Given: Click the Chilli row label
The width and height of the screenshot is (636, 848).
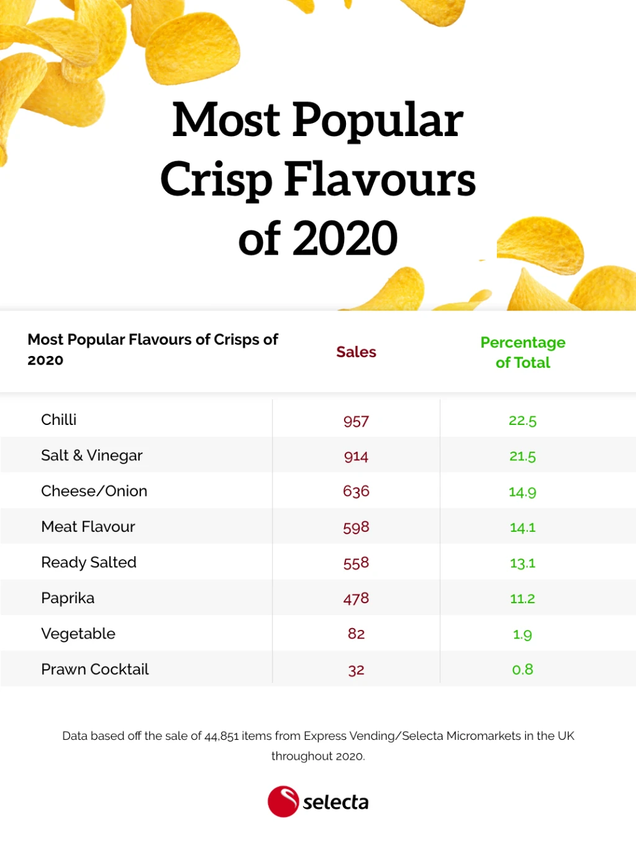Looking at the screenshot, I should coord(59,420).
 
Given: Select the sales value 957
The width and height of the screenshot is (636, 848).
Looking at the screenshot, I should coord(356,421).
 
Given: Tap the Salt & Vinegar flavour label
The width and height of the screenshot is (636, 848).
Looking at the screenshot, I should coord(92,456).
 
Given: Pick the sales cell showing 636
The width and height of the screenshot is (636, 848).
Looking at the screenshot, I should coord(356,491).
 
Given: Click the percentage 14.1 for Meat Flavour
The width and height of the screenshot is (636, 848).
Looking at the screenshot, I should coord(522,527).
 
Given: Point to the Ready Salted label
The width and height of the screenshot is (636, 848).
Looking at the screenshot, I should coord(89,563).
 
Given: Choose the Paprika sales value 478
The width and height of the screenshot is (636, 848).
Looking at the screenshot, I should coord(356,598).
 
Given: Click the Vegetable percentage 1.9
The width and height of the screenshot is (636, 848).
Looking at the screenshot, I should coord(522,634).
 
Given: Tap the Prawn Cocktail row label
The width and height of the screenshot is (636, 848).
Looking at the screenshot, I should coord(95,670).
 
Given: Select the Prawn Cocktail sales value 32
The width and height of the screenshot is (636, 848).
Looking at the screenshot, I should coord(356,670).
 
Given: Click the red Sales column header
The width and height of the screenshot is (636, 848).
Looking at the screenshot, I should coord(356,352).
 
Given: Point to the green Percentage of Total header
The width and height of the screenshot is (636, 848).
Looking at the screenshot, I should coord(523,352).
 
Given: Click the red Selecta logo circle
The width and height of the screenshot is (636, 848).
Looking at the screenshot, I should coord(283,801).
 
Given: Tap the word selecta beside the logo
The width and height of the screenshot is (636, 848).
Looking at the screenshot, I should coord(335,803).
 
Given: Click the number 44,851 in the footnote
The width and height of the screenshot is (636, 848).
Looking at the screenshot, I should coord(222,736).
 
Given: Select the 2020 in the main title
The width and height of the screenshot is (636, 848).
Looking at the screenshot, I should coord(345,239).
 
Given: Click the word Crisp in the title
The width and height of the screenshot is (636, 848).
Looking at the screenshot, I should coord(216,180).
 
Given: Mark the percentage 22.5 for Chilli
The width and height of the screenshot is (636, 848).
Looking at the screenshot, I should coord(522,421).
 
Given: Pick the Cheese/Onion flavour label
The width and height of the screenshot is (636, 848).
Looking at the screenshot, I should coord(94,491).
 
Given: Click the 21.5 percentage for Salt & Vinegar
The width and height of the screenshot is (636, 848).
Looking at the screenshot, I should coord(522,456).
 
